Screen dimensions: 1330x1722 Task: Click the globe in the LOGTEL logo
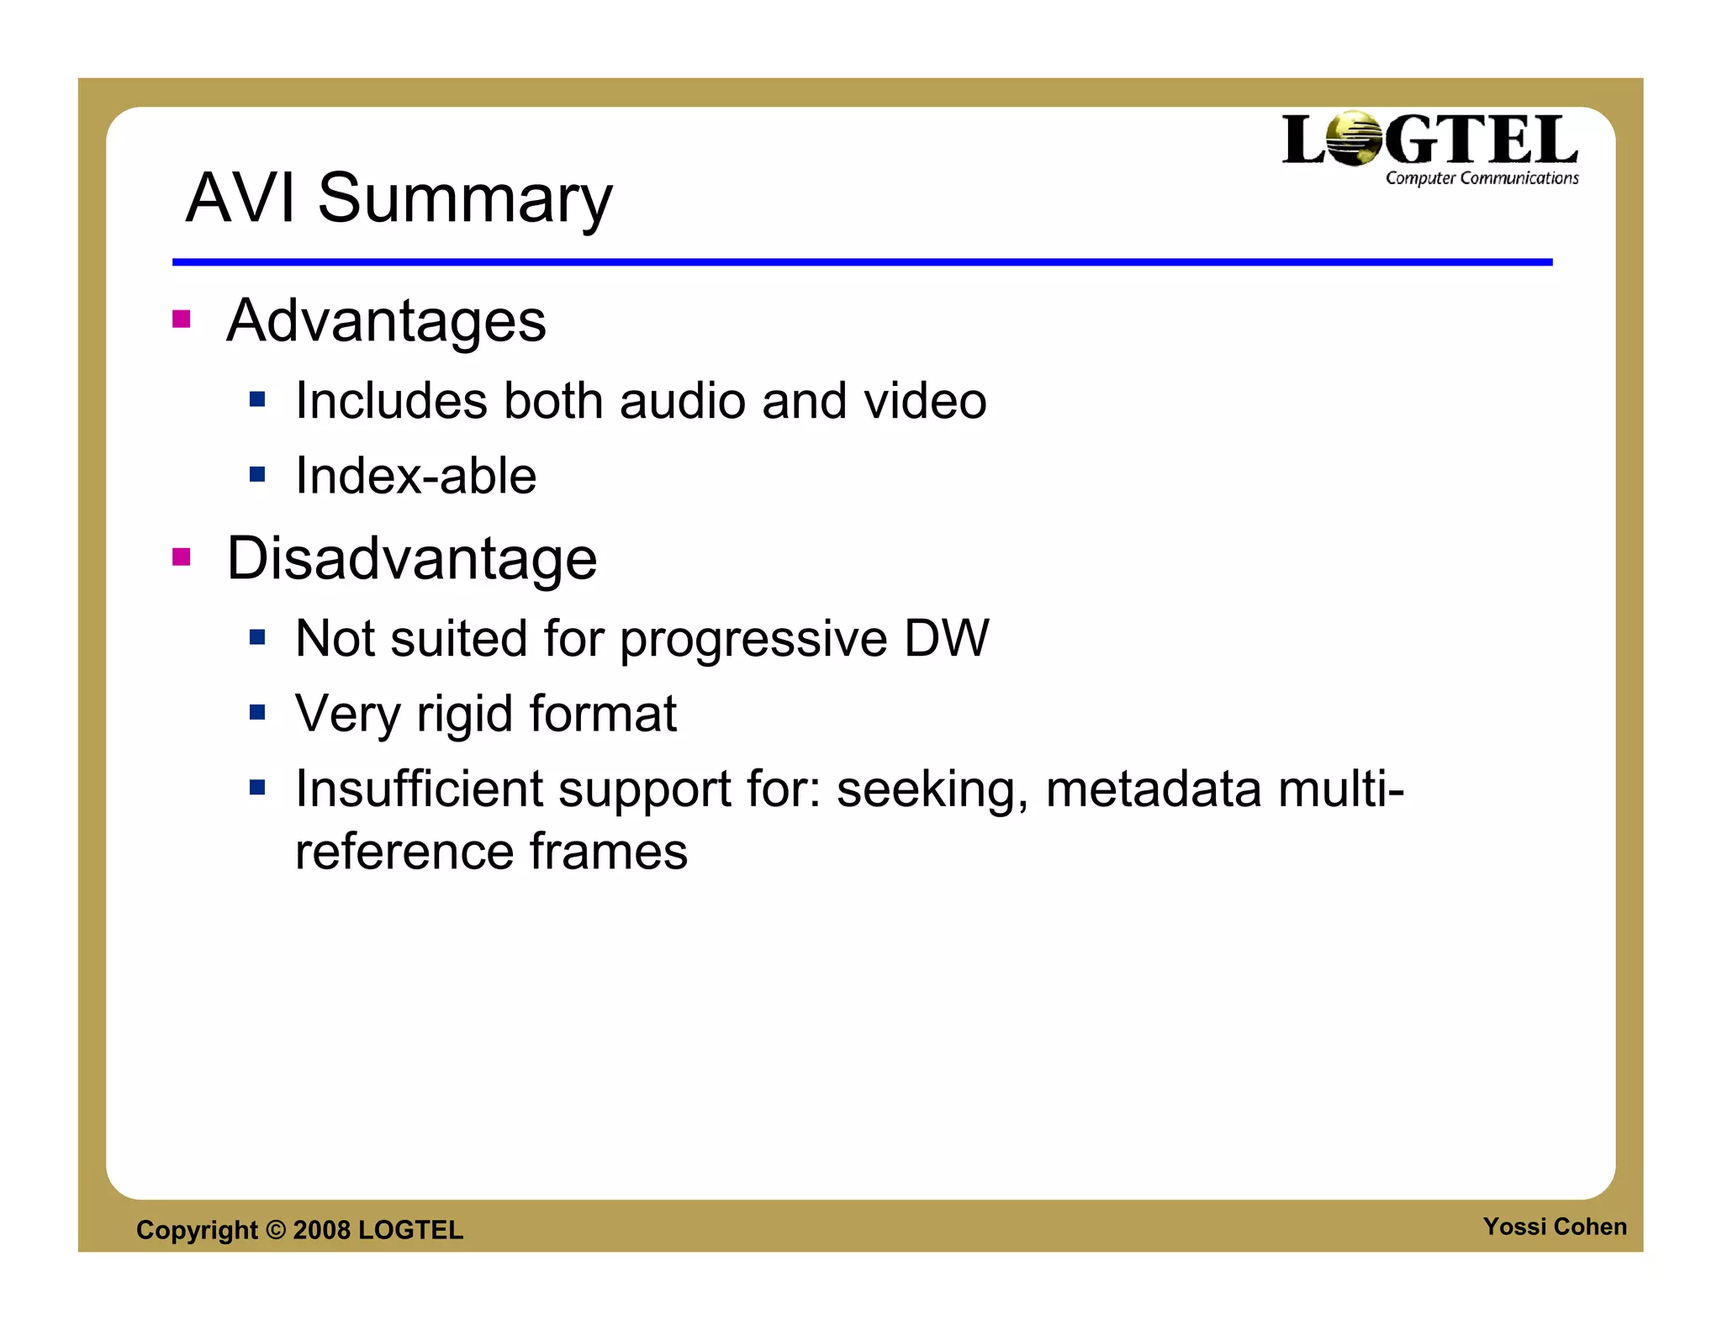pyautogui.click(x=1353, y=139)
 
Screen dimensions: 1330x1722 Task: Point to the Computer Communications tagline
pyautogui.click(x=1482, y=178)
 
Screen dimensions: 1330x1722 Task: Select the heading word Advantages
pyautogui.click(x=386, y=321)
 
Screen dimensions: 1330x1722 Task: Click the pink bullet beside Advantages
pyautogui.click(x=181, y=319)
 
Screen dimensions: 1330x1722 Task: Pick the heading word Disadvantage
pyautogui.click(x=412, y=558)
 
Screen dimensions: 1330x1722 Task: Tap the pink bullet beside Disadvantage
pyautogui.click(x=181, y=557)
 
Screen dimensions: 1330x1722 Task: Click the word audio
pyautogui.click(x=682, y=401)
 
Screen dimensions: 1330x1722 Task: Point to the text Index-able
pyautogui.click(x=415, y=476)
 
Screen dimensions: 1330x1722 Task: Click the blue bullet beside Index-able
pyautogui.click(x=257, y=475)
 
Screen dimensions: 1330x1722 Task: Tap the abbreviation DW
pyautogui.click(x=946, y=638)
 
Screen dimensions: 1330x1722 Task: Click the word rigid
pyautogui.click(x=465, y=715)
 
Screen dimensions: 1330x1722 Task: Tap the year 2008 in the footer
pyautogui.click(x=321, y=1230)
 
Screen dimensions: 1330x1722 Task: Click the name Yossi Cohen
pyautogui.click(x=1554, y=1227)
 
